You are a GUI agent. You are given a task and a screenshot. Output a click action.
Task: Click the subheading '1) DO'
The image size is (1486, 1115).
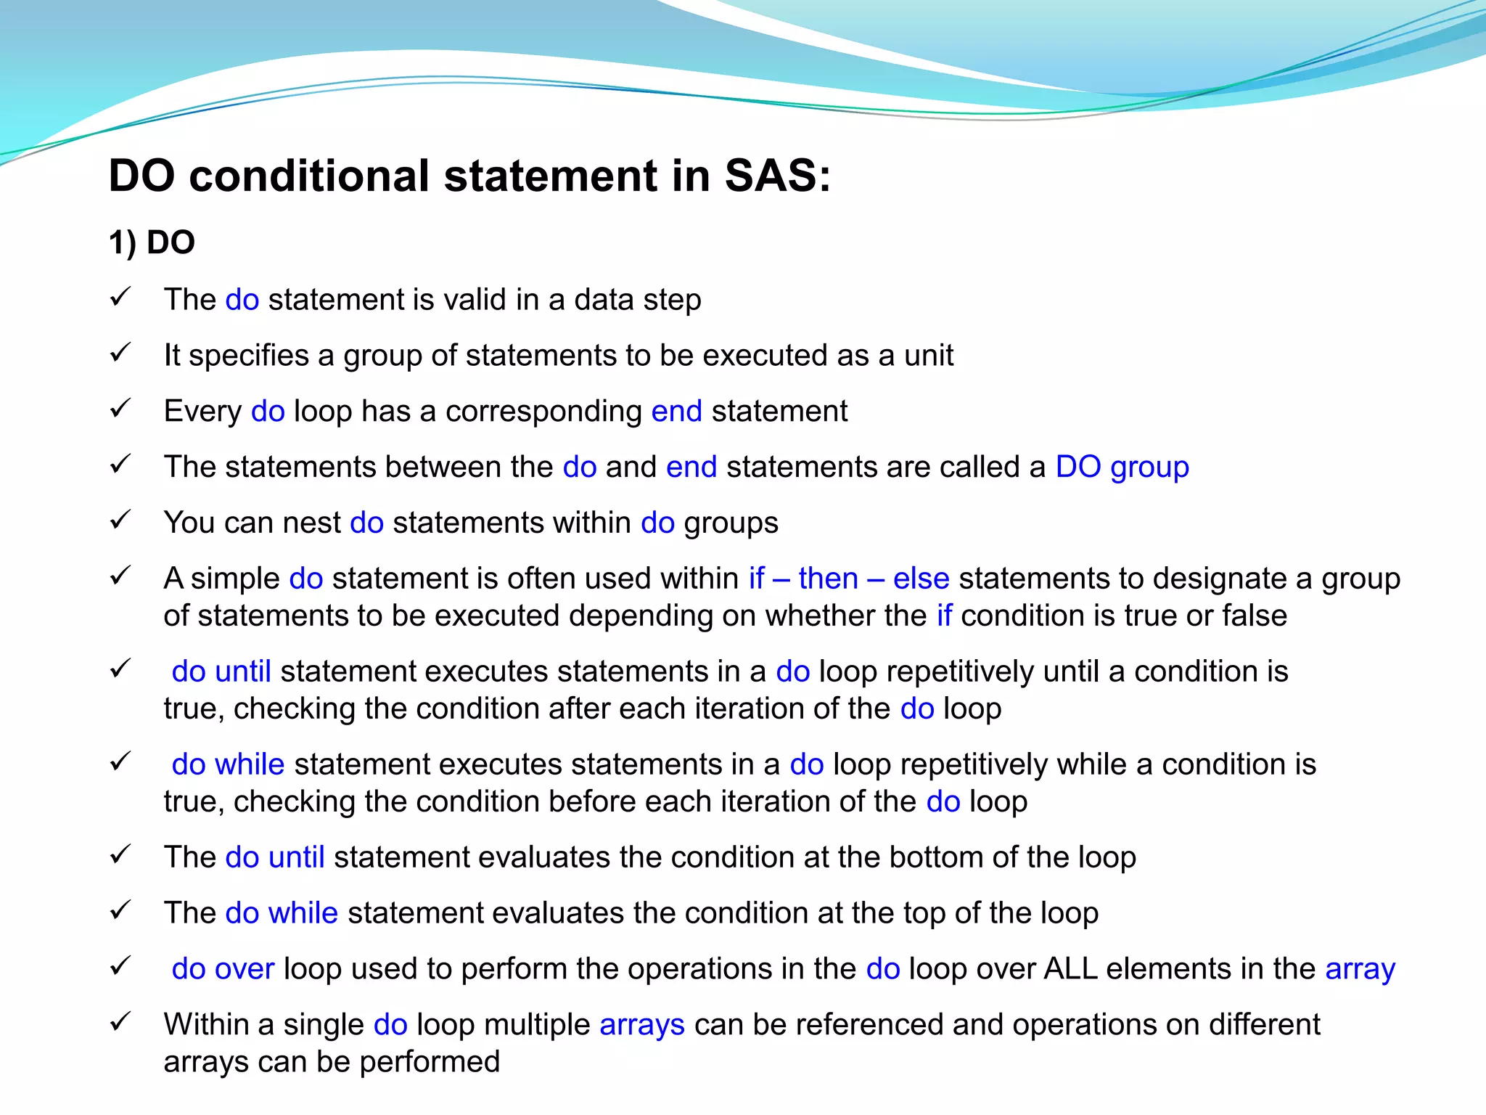tap(152, 242)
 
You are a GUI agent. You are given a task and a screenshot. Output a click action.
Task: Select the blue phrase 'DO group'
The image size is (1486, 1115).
tap(1122, 467)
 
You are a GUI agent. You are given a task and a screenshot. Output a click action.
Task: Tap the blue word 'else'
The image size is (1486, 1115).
tap(921, 579)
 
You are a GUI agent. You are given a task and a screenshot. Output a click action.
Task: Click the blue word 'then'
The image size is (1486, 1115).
tap(828, 579)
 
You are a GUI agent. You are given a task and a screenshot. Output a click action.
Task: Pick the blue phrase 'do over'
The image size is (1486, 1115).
tap(223, 969)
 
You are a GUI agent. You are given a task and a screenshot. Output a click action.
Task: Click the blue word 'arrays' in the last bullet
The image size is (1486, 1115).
tap(642, 1025)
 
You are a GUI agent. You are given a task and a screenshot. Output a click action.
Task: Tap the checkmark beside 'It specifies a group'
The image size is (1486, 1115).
tap(120, 354)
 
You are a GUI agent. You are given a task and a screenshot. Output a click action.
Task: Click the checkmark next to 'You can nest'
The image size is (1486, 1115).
tap(120, 520)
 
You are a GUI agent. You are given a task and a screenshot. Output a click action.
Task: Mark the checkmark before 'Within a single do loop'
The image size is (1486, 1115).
tap(120, 1022)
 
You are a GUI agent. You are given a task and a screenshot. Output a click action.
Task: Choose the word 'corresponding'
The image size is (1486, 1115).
tap(543, 412)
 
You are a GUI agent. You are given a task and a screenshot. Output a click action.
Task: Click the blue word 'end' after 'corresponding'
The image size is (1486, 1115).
tap(676, 412)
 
